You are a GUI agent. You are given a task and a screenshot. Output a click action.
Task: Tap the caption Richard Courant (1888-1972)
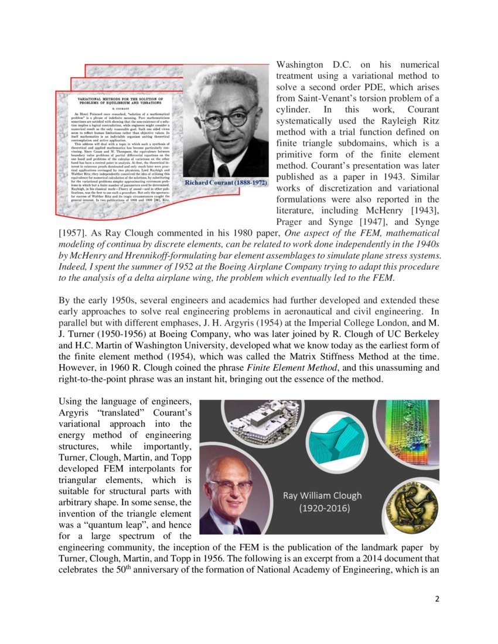click(226, 183)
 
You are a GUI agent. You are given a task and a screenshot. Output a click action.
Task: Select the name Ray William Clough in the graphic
click(322, 495)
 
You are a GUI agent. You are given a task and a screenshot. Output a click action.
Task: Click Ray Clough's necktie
click(237, 529)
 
